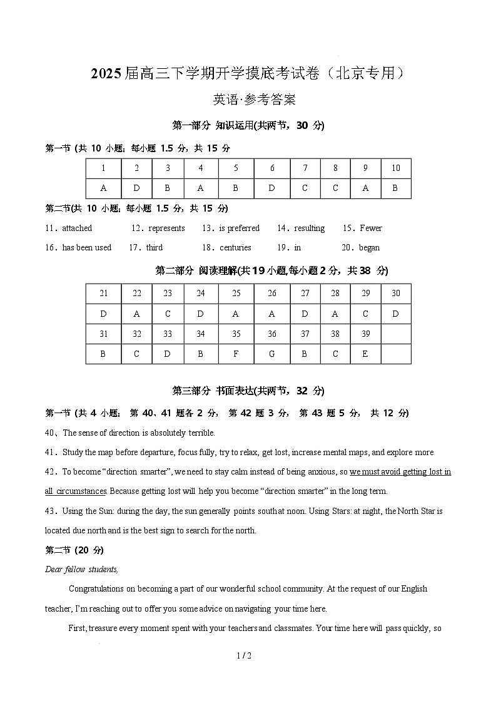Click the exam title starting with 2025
248,74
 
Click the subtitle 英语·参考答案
248,99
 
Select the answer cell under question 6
272,188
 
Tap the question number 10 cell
395,168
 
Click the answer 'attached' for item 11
76,228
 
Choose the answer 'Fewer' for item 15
370,228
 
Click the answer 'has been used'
86,248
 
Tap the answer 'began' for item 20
369,248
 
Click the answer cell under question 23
168,314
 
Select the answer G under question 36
272,354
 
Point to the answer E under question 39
365,354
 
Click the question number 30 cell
395,294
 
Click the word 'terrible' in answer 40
200,433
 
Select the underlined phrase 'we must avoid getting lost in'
400,471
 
